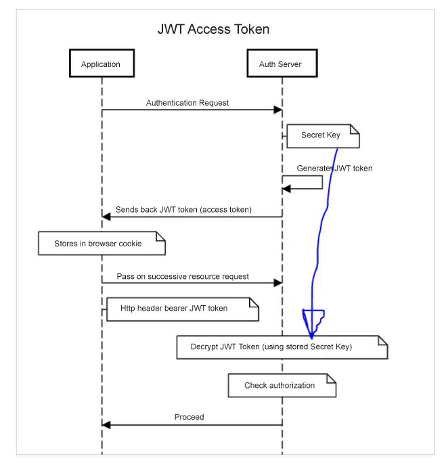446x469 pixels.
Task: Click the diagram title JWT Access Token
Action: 213,29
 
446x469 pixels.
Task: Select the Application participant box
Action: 102,63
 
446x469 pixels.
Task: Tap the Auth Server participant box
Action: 282,63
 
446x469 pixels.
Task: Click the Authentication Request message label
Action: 187,103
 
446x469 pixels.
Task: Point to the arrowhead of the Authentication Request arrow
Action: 278,110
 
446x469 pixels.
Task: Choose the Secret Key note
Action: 323,136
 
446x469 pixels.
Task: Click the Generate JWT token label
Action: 334,169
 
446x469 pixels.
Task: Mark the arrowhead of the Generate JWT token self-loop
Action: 286,189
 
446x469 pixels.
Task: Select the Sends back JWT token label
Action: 183,210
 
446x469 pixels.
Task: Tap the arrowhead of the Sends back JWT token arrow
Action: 106,217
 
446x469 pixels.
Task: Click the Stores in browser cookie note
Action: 102,243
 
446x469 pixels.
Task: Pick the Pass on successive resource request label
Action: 183,276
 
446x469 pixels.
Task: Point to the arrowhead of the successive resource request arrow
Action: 278,283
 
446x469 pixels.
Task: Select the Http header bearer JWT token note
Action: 183,309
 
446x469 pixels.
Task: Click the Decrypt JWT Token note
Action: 282,347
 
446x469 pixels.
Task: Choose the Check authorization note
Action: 282,385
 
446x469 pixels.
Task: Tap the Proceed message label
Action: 189,417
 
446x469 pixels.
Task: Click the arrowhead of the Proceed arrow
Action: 106,425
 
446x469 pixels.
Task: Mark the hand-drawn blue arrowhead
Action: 313,323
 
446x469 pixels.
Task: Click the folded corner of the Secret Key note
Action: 355,129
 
